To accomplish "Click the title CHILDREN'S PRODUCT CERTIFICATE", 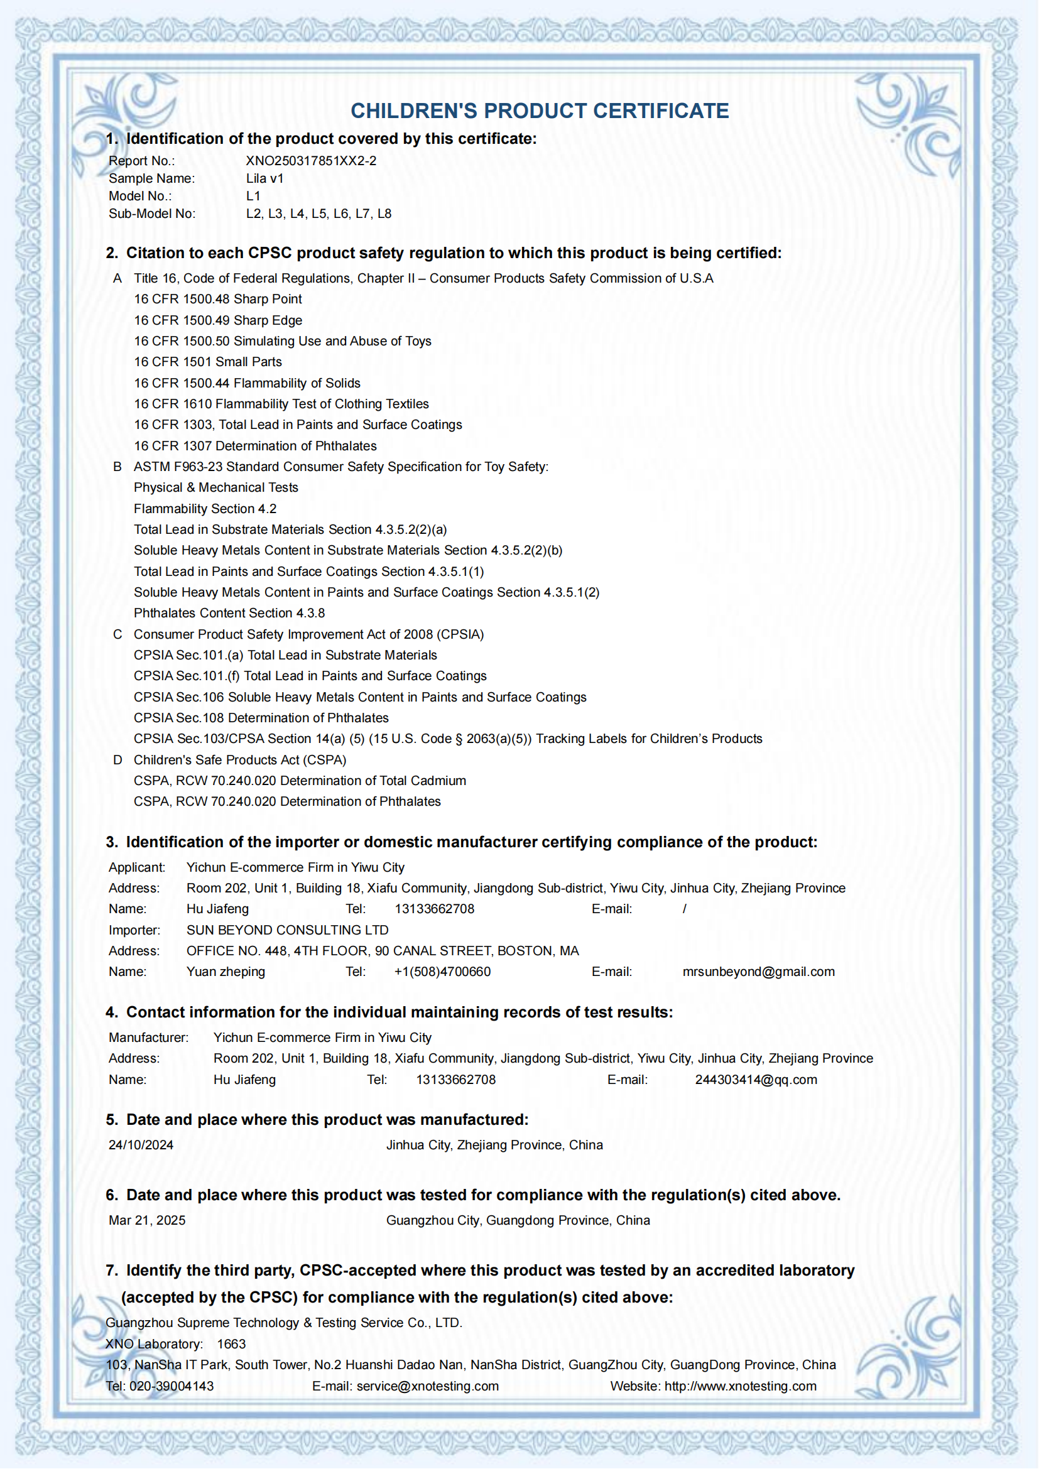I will [x=540, y=111].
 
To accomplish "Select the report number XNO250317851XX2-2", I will [x=311, y=161].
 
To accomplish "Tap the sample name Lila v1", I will [x=264, y=178].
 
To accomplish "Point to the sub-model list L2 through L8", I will [x=318, y=214].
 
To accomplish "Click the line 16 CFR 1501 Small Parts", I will [x=208, y=362].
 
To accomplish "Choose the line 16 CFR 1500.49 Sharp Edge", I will [x=218, y=320].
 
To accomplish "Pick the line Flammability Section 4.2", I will [x=205, y=509].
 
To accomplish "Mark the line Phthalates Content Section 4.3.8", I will [x=229, y=613].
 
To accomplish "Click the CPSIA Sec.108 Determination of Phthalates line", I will [x=261, y=718].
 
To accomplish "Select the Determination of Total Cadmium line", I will [x=300, y=781].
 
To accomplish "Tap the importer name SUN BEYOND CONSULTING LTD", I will [x=287, y=930].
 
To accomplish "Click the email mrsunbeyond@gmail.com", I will [x=758, y=972].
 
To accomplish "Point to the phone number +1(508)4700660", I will [x=442, y=972].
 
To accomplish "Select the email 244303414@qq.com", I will [x=756, y=1080].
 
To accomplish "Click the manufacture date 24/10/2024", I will [x=141, y=1146].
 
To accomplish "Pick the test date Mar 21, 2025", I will [x=147, y=1221].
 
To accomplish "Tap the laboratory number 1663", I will [x=231, y=1344].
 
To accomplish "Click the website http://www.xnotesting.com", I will [x=740, y=1387].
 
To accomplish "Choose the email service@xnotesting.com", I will [x=427, y=1387].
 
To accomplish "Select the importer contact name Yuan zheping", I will [x=226, y=972].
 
